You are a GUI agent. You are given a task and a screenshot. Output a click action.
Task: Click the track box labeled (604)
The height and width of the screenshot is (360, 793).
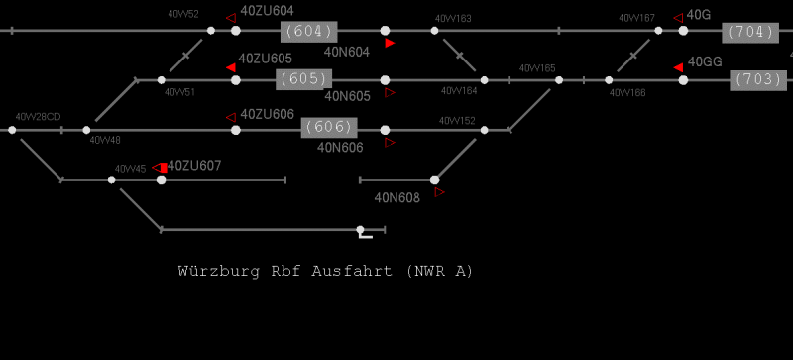pyautogui.click(x=308, y=31)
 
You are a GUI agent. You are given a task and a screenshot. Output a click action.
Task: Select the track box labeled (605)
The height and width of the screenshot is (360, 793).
pyautogui.click(x=305, y=78)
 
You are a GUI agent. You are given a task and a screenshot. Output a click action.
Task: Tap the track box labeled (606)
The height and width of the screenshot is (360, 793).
pyautogui.click(x=328, y=127)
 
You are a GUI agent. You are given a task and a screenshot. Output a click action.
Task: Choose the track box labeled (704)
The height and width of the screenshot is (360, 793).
pyautogui.click(x=750, y=31)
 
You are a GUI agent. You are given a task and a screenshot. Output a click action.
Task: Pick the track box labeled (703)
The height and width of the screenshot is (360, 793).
pyautogui.click(x=757, y=79)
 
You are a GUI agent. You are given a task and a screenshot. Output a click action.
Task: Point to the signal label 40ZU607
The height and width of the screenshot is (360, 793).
pyautogui.click(x=195, y=165)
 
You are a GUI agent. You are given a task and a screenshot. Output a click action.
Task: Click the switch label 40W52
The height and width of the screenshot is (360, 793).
pyautogui.click(x=183, y=15)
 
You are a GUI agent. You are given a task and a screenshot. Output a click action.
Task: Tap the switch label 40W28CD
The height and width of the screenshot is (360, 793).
pyautogui.click(x=38, y=117)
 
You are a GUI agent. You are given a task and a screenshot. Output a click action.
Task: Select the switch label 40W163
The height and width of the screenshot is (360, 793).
pyautogui.click(x=453, y=19)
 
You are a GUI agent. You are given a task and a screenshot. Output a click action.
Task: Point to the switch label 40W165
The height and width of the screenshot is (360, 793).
pyautogui.click(x=537, y=68)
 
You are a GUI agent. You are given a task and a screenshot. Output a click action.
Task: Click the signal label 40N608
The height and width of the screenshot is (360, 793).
pyautogui.click(x=397, y=196)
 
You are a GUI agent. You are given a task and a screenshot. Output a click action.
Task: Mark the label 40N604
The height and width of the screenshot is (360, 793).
pyautogui.click(x=347, y=52)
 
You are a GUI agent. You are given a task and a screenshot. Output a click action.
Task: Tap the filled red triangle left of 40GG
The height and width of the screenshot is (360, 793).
pyautogui.click(x=679, y=66)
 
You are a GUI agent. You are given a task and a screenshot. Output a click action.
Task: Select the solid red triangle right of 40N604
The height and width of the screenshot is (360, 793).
pyautogui.click(x=391, y=44)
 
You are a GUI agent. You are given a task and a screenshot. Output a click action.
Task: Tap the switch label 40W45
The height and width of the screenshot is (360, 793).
pyautogui.click(x=130, y=169)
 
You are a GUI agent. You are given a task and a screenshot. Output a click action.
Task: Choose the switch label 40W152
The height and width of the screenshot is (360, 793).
pyautogui.click(x=457, y=120)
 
